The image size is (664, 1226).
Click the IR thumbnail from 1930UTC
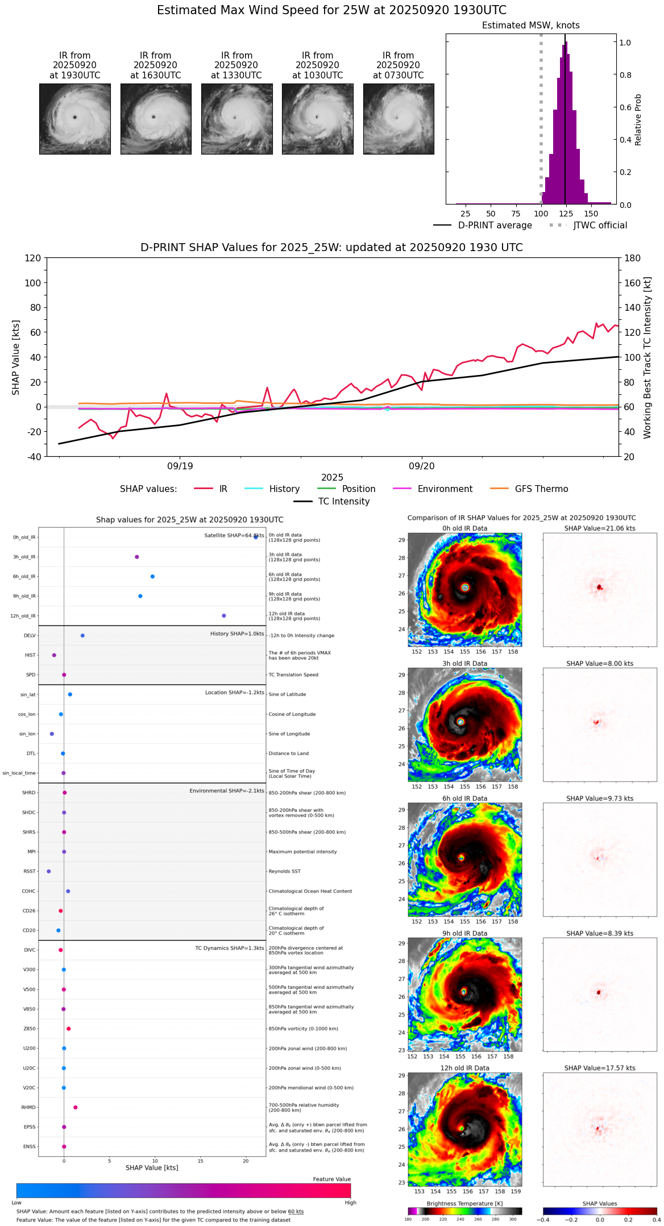[74, 119]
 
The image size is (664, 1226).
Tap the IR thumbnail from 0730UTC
[399, 119]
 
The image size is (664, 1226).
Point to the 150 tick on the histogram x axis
[591, 214]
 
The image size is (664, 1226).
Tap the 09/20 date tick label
[421, 466]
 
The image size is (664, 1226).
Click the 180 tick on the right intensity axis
[632, 258]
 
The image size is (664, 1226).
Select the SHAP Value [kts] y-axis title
[16, 357]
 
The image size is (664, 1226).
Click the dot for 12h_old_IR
[224, 616]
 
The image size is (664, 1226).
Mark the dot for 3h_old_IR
[137, 557]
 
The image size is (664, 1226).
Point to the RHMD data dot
[76, 1107]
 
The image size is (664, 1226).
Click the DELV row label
[30, 636]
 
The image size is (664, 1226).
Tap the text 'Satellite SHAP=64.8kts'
[234, 536]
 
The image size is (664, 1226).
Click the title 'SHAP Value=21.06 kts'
[600, 528]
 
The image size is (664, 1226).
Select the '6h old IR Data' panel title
[464, 798]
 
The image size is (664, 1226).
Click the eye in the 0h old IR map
[466, 587]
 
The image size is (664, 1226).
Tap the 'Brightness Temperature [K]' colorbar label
[464, 1203]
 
